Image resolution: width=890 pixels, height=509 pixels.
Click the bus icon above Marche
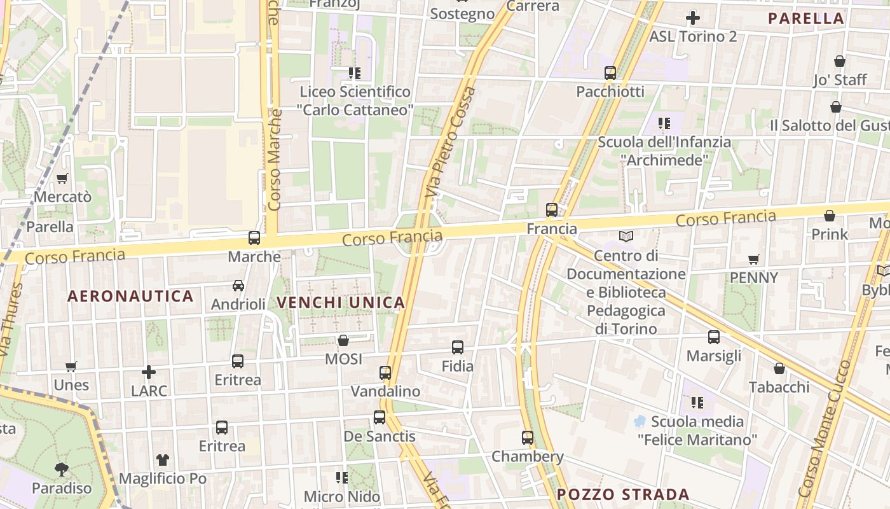pos(254,238)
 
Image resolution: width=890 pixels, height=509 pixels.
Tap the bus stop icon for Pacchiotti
pos(610,73)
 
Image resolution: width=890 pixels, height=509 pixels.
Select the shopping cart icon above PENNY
pos(754,259)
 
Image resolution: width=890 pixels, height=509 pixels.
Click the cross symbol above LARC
pos(149,372)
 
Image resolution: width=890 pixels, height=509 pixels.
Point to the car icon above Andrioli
pos(238,286)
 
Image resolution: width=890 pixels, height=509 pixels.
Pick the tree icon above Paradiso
pos(62,470)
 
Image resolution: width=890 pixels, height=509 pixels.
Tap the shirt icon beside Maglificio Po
pos(163,459)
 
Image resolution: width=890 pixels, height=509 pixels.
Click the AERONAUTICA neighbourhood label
pos(130,296)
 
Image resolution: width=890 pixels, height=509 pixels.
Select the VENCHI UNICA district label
pos(341,303)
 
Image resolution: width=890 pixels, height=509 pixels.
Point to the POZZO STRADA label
pos(623,494)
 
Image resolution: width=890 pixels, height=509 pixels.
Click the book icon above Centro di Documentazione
pos(626,237)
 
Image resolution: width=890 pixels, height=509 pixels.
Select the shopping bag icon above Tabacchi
pos(779,368)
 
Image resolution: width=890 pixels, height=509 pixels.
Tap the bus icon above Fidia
pos(458,347)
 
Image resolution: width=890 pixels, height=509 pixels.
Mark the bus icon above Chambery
pos(528,438)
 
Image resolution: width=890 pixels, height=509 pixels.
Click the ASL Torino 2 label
pos(693,37)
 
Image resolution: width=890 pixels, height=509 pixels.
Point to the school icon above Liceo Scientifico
pos(355,73)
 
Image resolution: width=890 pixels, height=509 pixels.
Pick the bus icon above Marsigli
pos(714,337)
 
